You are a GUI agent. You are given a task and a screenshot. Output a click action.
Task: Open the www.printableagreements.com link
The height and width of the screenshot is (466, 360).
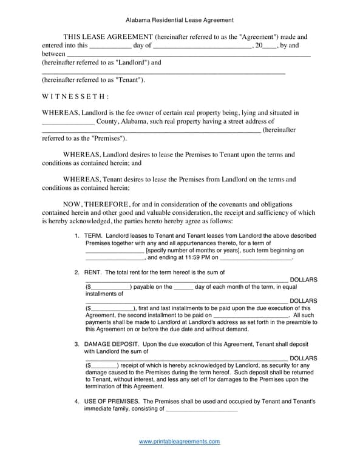pos(180,442)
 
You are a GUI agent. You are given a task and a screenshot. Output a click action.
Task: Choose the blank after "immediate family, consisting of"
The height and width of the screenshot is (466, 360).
pos(202,410)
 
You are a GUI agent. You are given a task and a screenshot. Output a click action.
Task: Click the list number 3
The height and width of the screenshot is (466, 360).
pos(76,344)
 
